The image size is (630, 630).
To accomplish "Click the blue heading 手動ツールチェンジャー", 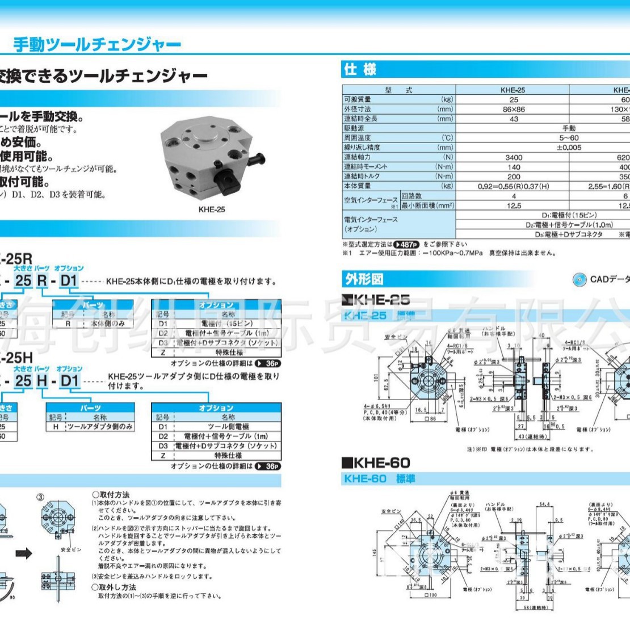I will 96,45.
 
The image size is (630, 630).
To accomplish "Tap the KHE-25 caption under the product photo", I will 212,209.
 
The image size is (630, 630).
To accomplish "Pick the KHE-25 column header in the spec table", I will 513,90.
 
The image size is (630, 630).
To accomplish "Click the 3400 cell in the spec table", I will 513,157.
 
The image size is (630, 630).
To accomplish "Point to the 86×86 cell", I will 513,109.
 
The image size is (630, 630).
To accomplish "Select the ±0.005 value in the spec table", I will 569,148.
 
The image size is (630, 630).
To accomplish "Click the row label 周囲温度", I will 358,138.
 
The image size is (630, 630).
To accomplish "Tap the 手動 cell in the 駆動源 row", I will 569,128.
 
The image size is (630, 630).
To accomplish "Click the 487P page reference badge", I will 406,245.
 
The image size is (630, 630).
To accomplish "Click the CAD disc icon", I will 579,279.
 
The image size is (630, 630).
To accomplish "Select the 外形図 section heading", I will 364,279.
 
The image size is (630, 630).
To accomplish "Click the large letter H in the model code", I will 42,380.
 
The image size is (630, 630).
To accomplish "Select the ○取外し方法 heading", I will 114,587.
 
